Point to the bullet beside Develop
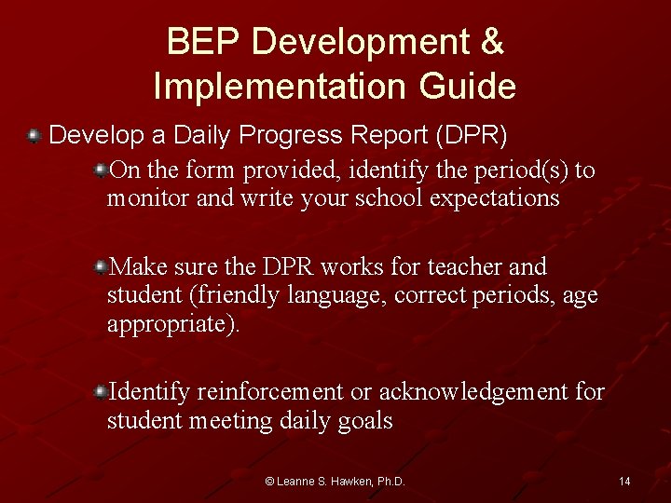(34, 136)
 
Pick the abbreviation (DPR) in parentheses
(471, 136)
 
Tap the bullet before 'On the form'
(100, 170)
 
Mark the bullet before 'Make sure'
(100, 267)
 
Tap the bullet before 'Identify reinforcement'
(100, 392)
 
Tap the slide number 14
(624, 482)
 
